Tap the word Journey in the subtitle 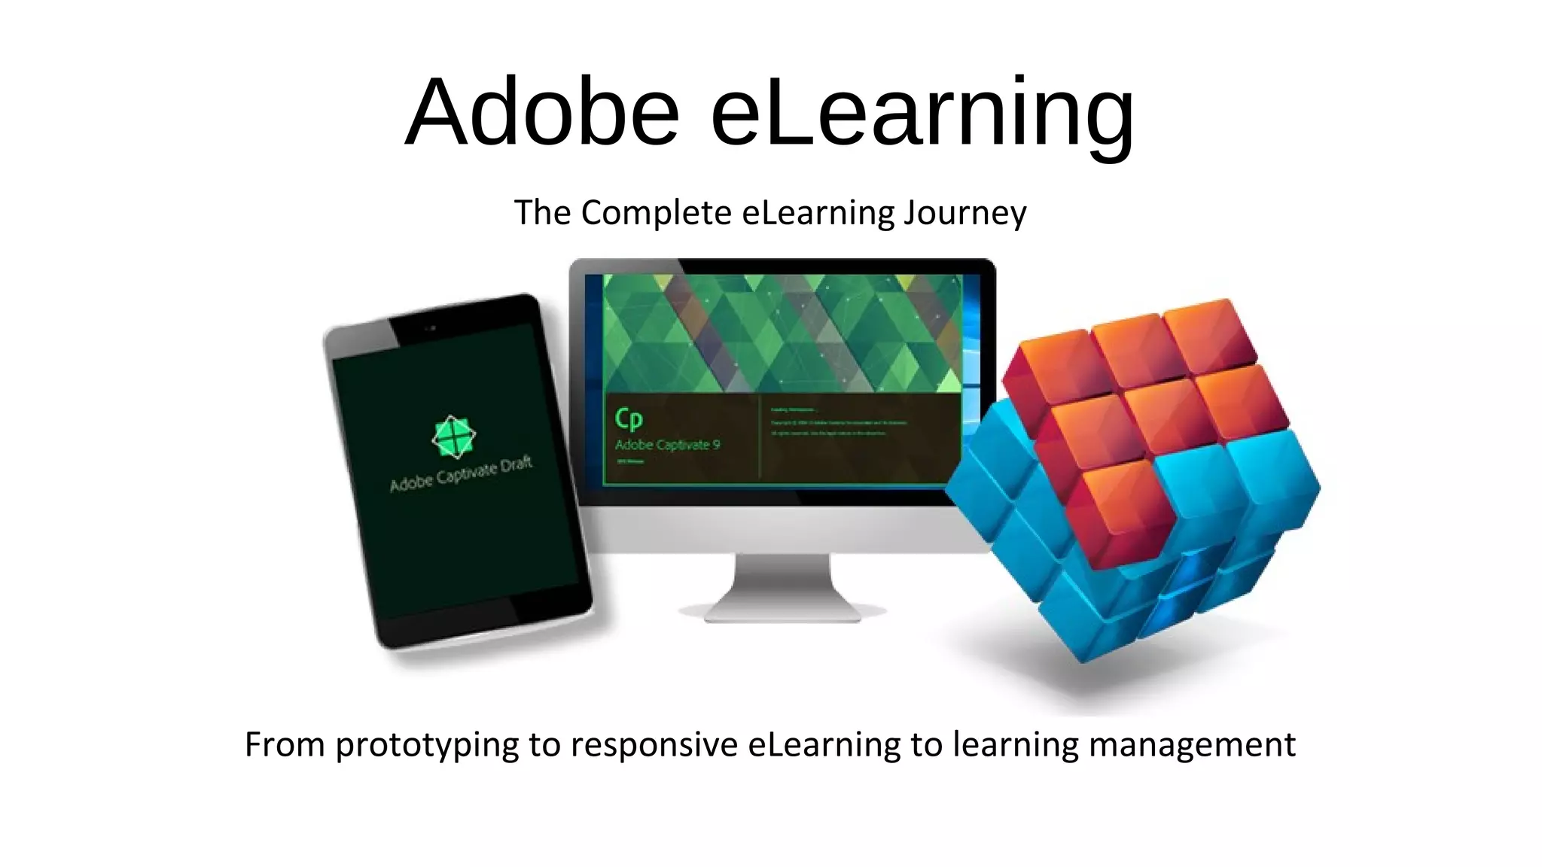coord(965,214)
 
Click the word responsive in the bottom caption coord(654,745)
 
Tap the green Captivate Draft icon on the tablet coord(453,437)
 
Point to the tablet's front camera coord(431,328)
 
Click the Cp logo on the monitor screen coord(629,419)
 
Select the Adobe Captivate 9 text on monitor coord(667,445)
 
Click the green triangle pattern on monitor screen coord(783,331)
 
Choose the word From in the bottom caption coord(284,745)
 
